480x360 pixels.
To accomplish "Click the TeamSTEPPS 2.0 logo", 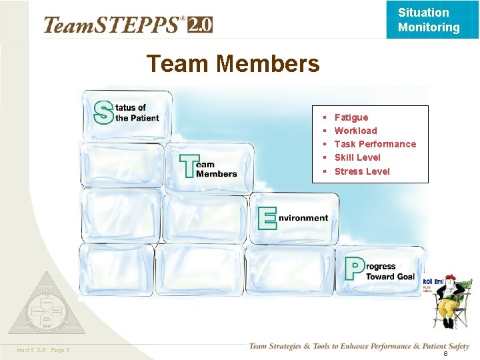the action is coord(127,25).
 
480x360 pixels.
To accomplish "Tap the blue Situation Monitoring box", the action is coord(428,20).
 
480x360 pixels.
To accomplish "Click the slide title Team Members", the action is coord(233,64).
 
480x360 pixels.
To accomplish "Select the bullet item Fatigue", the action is coord(351,117).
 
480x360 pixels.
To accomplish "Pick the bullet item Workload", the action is coord(355,131).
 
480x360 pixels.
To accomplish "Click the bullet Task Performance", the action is coord(375,144).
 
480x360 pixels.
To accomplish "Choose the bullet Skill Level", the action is coord(357,157).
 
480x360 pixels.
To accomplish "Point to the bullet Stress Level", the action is coord(362,171).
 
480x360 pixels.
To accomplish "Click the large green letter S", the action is coord(103,112).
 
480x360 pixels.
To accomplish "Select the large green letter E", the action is coord(267,217).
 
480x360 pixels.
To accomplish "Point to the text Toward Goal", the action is coord(390,277).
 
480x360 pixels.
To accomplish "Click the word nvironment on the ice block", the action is coord(303,217).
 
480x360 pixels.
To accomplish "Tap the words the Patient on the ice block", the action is coord(137,118).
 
